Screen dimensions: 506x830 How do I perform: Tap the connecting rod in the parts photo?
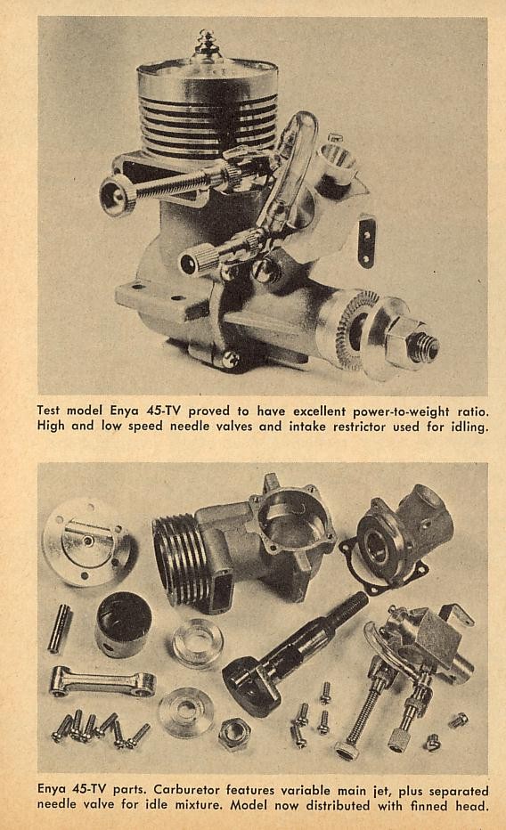pyautogui.click(x=102, y=682)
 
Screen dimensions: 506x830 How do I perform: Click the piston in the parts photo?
pyautogui.click(x=123, y=624)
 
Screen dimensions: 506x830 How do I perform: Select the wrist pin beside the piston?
pyautogui.click(x=60, y=628)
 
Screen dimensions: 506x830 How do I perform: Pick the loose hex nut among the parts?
pyautogui.click(x=234, y=734)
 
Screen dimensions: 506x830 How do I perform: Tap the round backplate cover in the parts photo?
pyautogui.click(x=86, y=541)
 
